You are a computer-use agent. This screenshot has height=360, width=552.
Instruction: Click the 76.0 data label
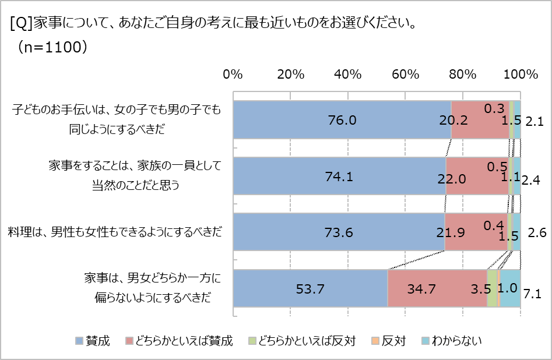[342, 121]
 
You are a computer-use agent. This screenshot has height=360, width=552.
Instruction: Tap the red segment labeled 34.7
[437, 288]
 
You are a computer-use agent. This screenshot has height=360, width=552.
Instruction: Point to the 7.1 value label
[533, 294]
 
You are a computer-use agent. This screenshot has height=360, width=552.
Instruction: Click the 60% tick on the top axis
[405, 75]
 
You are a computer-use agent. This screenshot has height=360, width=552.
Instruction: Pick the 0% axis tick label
[233, 75]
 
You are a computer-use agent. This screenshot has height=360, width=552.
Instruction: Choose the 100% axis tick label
[520, 75]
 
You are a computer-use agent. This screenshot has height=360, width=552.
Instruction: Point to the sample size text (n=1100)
[52, 47]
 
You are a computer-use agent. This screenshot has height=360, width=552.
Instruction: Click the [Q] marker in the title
[21, 24]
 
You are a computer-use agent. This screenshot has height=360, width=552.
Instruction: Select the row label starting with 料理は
[115, 232]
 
